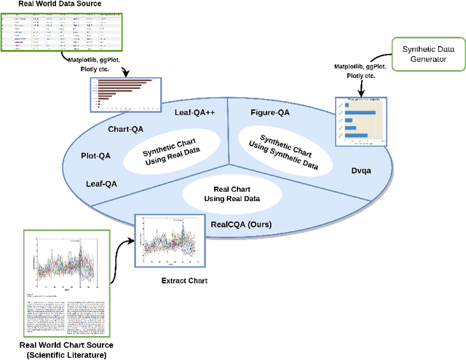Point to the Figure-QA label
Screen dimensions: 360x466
pos(270,112)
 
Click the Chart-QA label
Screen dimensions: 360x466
pos(128,129)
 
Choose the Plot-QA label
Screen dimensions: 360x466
pos(95,156)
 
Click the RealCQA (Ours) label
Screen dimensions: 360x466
pos(241,224)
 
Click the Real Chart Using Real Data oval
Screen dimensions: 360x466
pos(232,193)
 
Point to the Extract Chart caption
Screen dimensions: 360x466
pos(183,281)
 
